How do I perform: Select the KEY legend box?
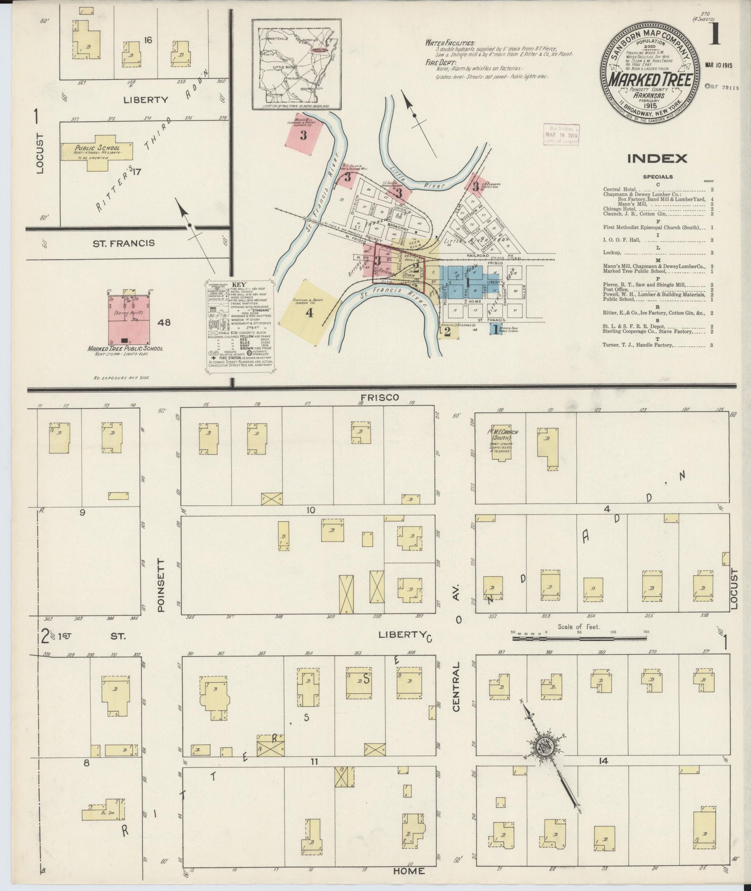240,327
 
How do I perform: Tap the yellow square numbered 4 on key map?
310,312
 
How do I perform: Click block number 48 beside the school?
164,322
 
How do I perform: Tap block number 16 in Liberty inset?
148,41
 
